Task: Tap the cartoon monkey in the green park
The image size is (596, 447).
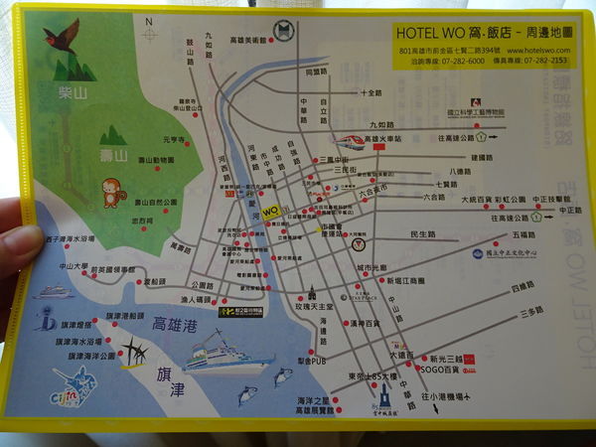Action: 111,191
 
